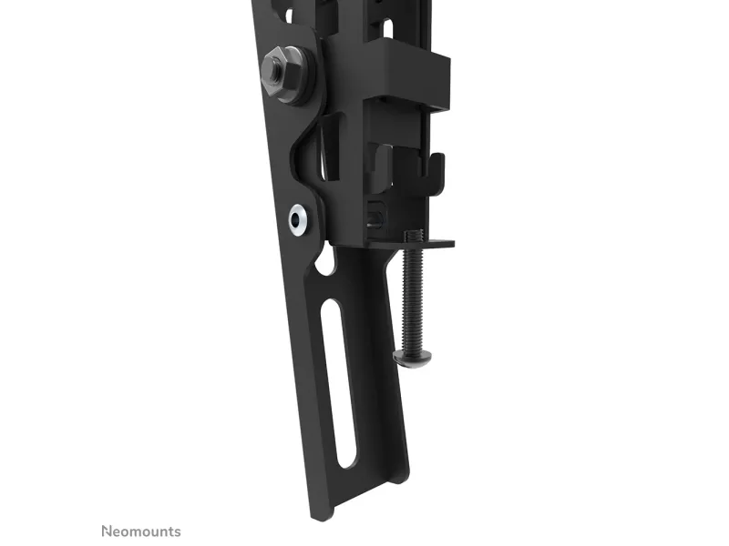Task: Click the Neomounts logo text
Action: [x=141, y=531]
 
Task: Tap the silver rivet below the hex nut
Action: [x=298, y=219]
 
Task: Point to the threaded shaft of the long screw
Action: [x=412, y=298]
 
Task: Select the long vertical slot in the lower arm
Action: [x=339, y=383]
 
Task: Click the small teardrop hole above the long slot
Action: [x=325, y=260]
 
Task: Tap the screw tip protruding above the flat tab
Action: [x=414, y=235]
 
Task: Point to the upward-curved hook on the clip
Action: [x=436, y=172]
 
